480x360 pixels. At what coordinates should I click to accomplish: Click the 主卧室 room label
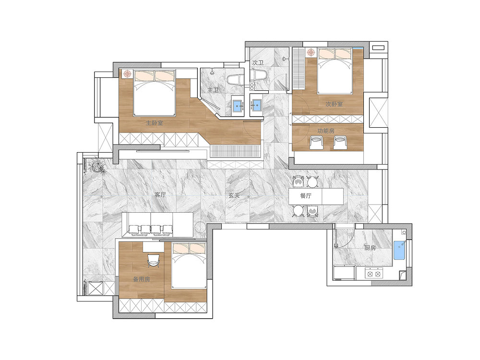154,123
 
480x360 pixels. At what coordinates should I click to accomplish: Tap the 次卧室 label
334,104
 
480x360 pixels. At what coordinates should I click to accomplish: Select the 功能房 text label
326,131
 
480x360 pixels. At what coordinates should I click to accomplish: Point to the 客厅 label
160,195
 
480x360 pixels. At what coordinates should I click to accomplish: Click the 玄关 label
234,195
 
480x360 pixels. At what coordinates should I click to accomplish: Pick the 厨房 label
370,248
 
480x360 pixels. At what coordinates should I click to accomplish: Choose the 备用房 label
142,279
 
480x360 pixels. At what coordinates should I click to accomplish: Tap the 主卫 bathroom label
213,90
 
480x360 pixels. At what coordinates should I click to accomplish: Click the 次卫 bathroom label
258,63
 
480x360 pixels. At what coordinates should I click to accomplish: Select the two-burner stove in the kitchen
374,273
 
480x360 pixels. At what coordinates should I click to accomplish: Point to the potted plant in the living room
96,166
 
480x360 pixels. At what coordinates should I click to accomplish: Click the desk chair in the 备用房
154,260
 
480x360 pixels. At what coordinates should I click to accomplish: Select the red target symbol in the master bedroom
127,74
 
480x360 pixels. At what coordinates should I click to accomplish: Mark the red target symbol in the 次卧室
311,52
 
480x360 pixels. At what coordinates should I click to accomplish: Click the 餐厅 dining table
316,196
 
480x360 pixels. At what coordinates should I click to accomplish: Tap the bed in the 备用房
189,265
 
